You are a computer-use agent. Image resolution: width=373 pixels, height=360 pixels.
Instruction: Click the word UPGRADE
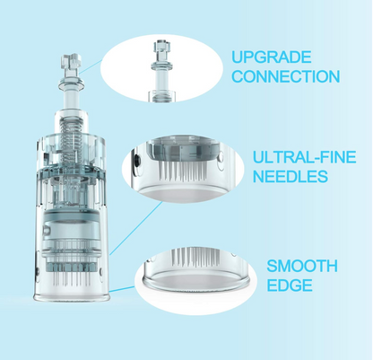(x=272, y=57)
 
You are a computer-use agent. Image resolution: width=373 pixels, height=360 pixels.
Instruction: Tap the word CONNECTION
(x=286, y=76)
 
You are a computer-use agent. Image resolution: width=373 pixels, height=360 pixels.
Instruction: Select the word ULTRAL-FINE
(x=305, y=157)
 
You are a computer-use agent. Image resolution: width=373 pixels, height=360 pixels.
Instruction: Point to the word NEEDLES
(x=291, y=176)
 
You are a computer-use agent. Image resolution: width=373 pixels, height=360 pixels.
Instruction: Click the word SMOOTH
(x=302, y=266)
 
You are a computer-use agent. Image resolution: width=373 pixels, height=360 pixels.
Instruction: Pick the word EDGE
(x=290, y=285)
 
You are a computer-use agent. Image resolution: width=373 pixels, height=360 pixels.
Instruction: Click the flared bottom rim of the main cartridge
(x=72, y=297)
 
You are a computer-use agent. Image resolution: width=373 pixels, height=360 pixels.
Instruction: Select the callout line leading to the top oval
(x=91, y=66)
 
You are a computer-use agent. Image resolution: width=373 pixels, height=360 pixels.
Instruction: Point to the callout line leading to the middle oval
(x=136, y=228)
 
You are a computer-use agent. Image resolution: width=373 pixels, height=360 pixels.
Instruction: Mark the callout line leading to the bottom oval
(x=122, y=289)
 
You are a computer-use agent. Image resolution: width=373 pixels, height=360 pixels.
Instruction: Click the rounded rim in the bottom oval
(x=196, y=284)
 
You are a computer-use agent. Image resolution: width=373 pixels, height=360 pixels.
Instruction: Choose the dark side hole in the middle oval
(x=136, y=160)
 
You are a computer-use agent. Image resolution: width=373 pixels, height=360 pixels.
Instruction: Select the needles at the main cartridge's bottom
(x=72, y=280)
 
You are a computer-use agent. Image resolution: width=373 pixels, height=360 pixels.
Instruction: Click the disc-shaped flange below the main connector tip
(x=71, y=83)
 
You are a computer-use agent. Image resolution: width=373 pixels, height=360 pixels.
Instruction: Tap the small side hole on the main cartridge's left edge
(x=38, y=272)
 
